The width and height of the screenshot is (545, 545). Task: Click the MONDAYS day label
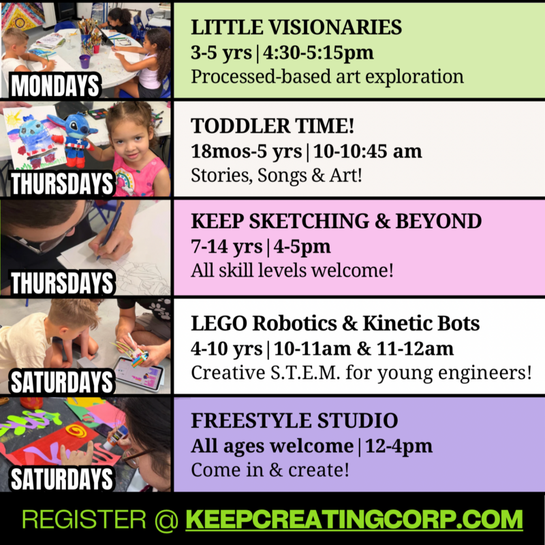55,86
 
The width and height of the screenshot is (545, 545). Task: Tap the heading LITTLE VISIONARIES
296,27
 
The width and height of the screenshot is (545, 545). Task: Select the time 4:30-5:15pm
318,53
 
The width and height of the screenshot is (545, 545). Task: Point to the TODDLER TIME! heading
272,126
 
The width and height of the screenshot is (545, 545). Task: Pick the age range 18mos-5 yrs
246,151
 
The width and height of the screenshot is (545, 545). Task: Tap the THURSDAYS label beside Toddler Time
62,183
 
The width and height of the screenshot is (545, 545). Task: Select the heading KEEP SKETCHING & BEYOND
336,221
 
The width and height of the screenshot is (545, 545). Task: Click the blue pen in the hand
111,229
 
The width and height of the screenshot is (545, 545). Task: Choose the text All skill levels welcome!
292,270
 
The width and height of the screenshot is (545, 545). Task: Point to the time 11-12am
415,349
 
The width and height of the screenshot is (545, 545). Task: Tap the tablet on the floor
138,373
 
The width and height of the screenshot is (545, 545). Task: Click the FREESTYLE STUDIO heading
294,420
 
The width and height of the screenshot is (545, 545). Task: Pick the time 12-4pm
399,446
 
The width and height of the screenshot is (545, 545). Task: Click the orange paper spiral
76,431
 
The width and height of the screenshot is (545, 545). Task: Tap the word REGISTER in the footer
84,520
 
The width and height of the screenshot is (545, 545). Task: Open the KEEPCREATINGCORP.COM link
354,520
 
